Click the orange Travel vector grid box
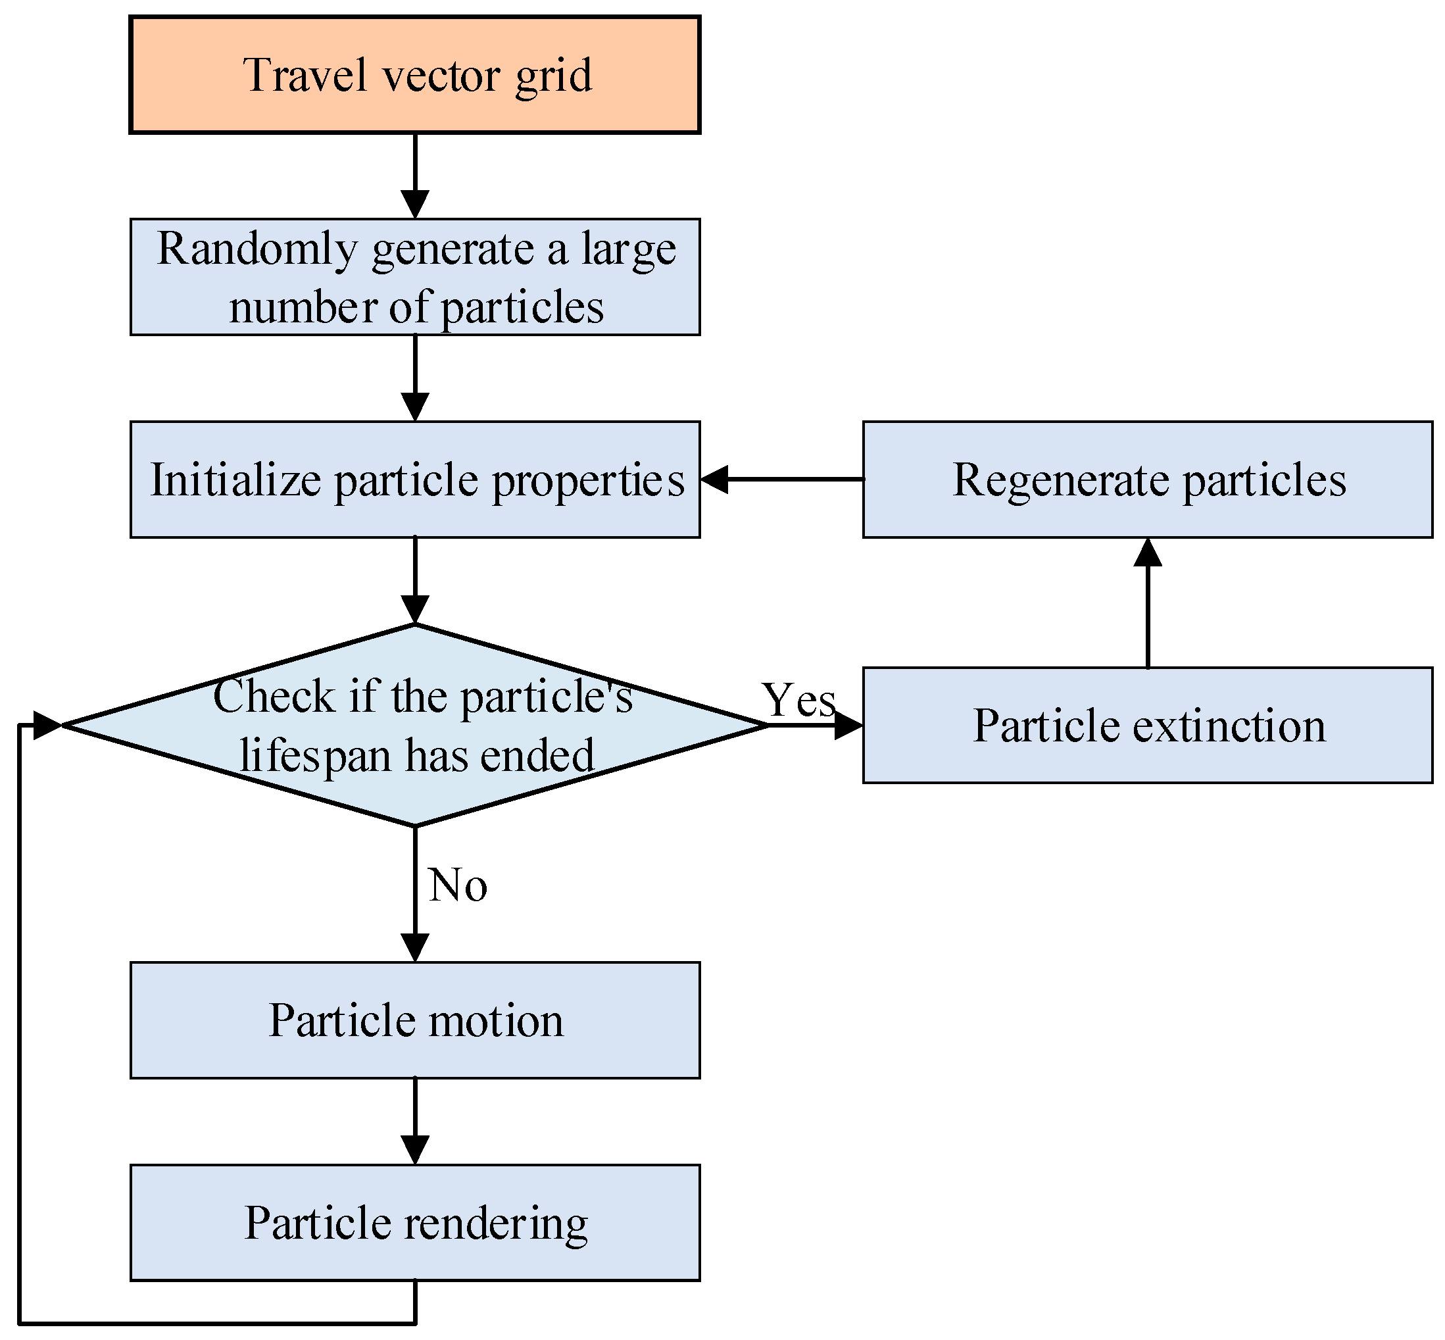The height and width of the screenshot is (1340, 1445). (x=415, y=75)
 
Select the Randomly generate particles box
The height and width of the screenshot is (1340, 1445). (x=415, y=276)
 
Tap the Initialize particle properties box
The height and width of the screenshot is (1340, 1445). (x=415, y=480)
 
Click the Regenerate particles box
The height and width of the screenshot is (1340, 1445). (x=1148, y=480)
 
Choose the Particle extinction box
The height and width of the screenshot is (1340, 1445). (x=1148, y=725)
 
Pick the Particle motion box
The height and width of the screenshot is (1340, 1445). (x=415, y=1020)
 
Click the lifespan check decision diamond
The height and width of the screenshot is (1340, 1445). (x=415, y=725)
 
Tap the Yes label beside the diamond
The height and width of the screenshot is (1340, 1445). (x=799, y=701)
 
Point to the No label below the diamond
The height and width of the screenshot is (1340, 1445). (x=458, y=885)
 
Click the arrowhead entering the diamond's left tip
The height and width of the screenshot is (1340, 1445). (x=47, y=724)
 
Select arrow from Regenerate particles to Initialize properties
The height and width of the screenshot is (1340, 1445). (x=781, y=480)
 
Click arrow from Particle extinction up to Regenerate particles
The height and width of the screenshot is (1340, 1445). (x=1148, y=603)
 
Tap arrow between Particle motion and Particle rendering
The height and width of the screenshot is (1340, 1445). (x=415, y=1121)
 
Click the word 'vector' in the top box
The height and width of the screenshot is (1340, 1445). (x=441, y=75)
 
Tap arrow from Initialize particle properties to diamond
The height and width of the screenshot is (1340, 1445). (x=415, y=580)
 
